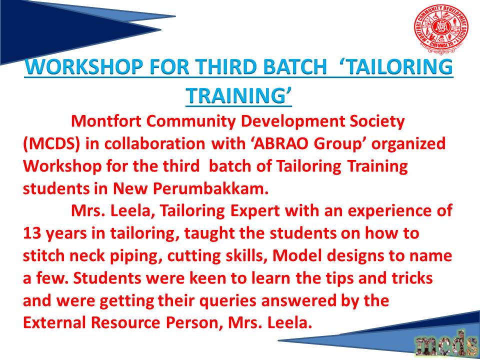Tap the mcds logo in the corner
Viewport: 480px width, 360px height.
click(445, 344)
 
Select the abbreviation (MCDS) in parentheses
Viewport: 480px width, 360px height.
click(51, 144)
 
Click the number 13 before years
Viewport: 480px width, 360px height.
click(32, 234)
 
